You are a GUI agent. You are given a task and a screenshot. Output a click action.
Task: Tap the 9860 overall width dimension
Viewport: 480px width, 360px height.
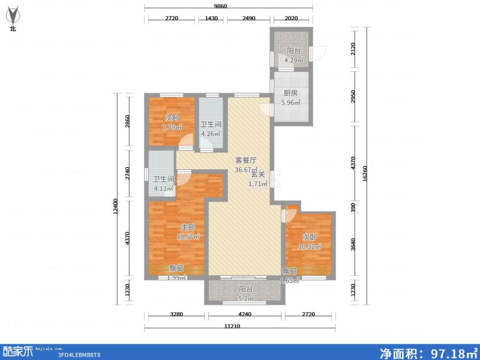point(228,6)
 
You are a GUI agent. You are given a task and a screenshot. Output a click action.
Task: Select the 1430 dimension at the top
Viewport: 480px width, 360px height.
point(211,19)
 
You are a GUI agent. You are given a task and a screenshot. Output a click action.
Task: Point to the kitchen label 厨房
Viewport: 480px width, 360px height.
point(290,94)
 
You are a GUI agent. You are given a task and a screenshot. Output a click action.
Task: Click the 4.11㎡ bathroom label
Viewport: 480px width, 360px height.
point(163,188)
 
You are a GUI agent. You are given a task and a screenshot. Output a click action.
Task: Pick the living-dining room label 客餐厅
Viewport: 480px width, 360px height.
point(245,161)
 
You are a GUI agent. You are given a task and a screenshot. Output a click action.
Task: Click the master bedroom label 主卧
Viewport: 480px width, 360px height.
point(188,227)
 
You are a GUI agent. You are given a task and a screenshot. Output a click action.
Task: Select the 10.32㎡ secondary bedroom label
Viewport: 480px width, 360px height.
point(310,246)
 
